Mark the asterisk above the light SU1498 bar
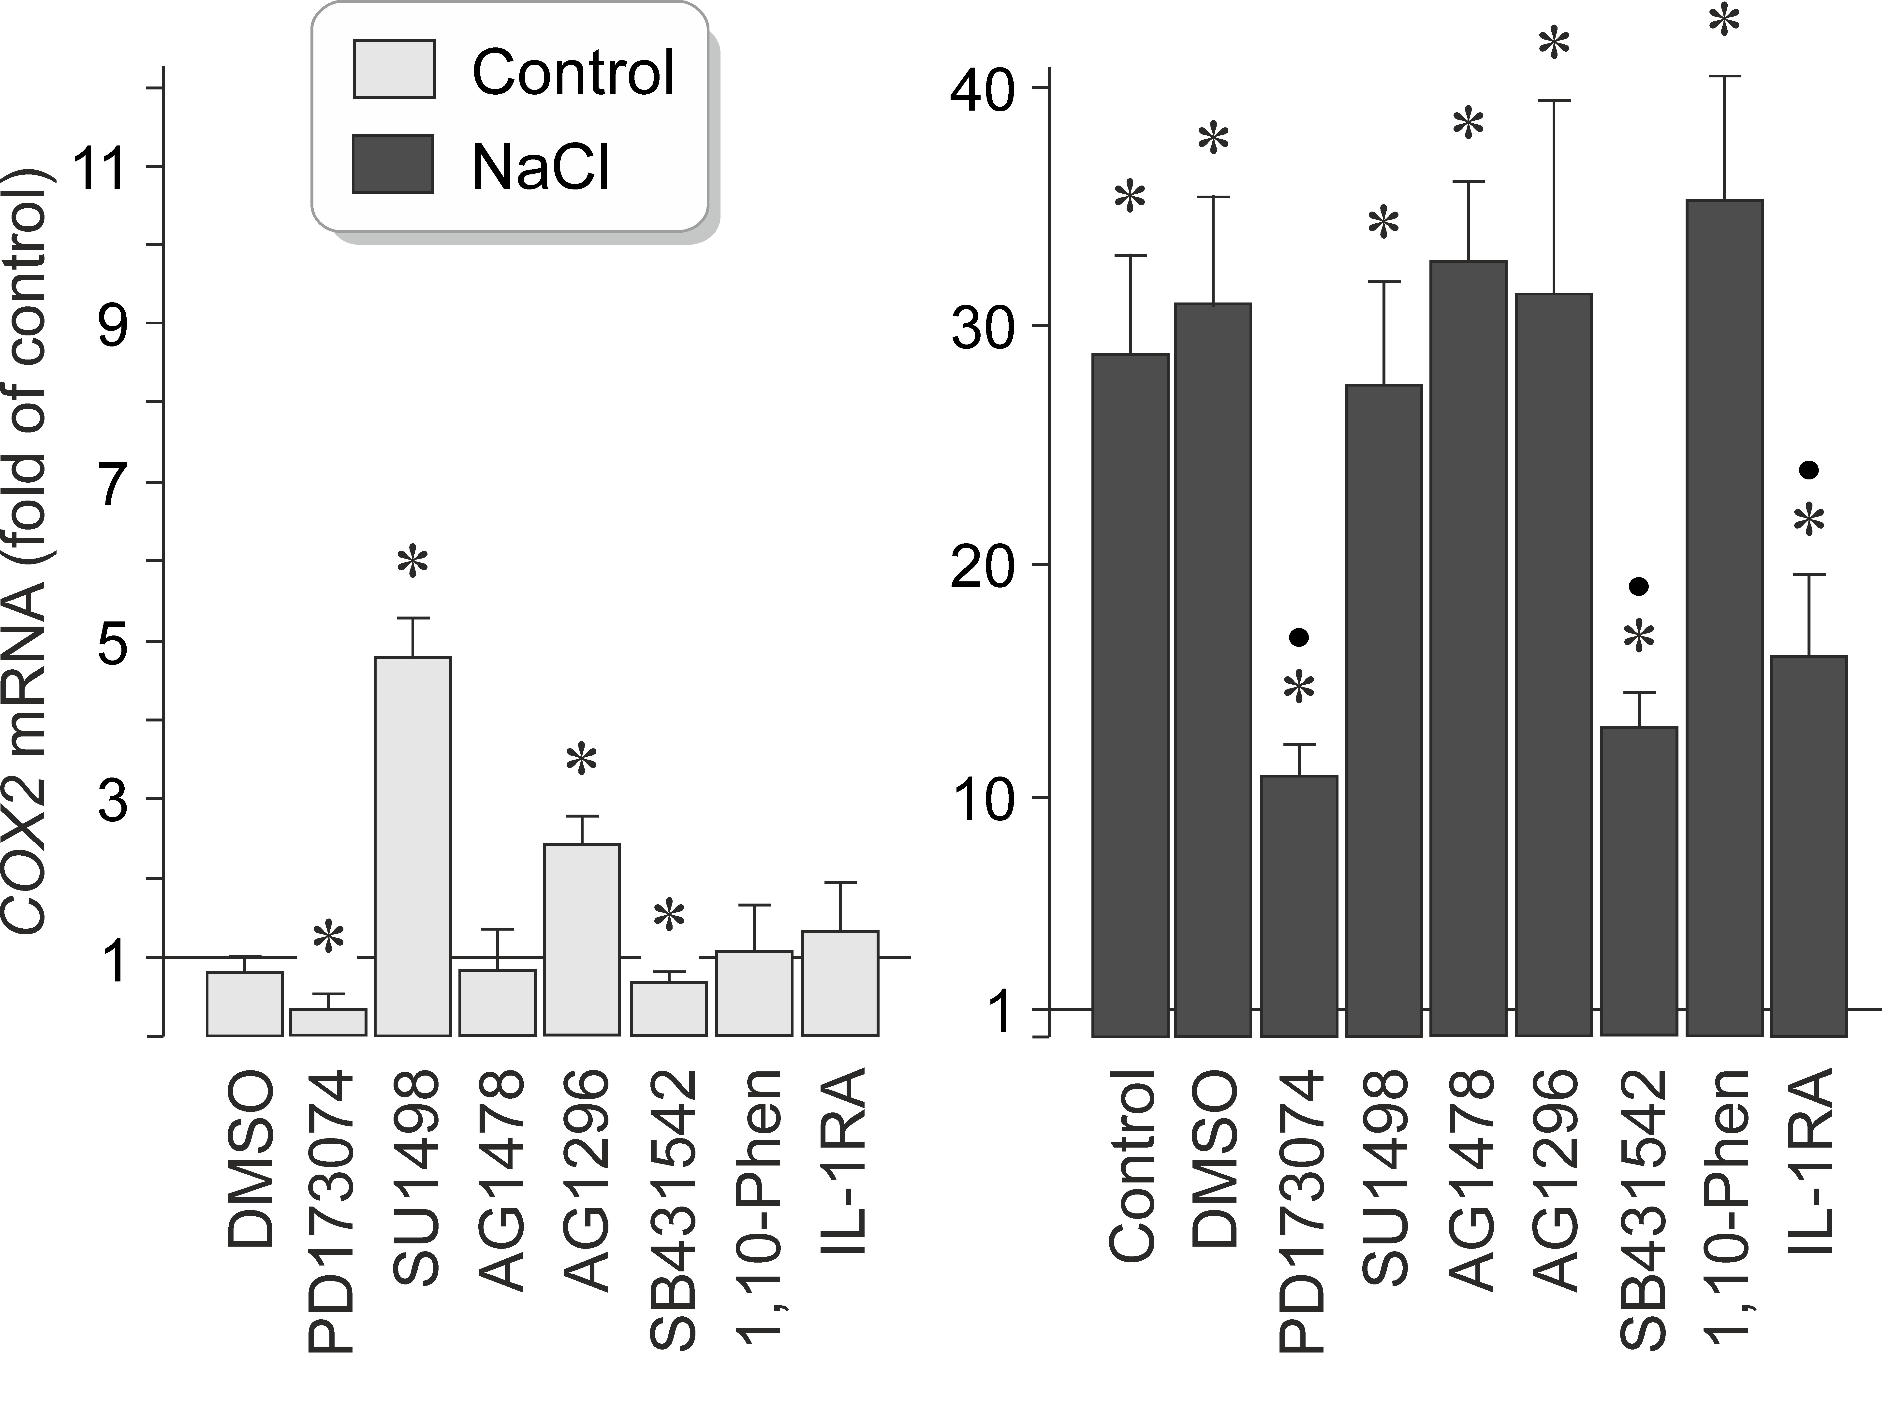tap(413, 563)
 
